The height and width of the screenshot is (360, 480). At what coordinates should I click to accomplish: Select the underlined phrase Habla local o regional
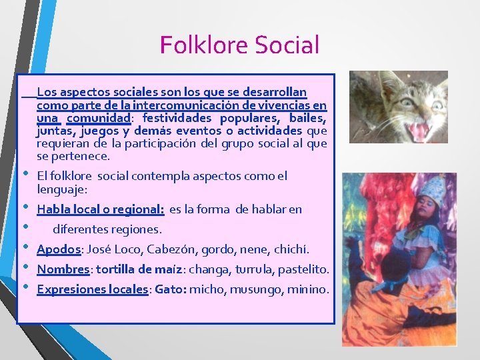101,209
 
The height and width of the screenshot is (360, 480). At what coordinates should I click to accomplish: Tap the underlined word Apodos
59,249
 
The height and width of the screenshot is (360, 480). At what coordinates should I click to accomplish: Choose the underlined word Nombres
63,269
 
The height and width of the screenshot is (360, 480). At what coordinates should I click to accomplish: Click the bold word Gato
171,289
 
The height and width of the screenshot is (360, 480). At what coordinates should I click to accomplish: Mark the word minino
309,289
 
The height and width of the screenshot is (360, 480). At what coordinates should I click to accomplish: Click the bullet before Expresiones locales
26,287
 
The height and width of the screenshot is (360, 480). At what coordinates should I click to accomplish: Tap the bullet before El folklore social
26,174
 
